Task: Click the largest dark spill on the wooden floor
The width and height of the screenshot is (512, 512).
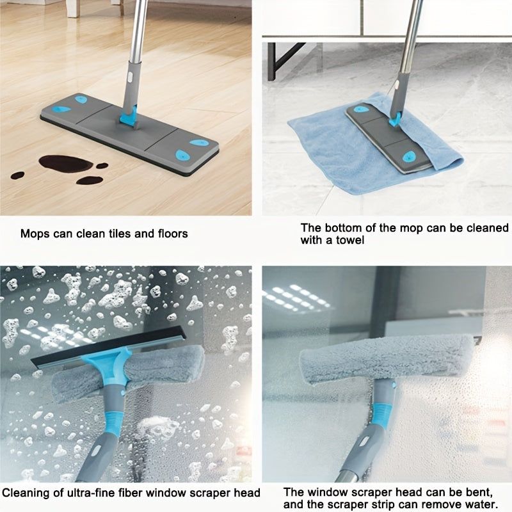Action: [65, 163]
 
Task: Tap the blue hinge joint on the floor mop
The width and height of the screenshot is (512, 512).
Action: [129, 116]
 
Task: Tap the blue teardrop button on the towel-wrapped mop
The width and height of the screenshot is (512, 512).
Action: [408, 157]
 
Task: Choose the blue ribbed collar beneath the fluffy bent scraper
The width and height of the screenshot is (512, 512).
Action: [381, 415]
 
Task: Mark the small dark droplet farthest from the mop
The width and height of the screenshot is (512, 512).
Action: [17, 175]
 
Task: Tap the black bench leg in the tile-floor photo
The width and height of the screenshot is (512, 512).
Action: [271, 61]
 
